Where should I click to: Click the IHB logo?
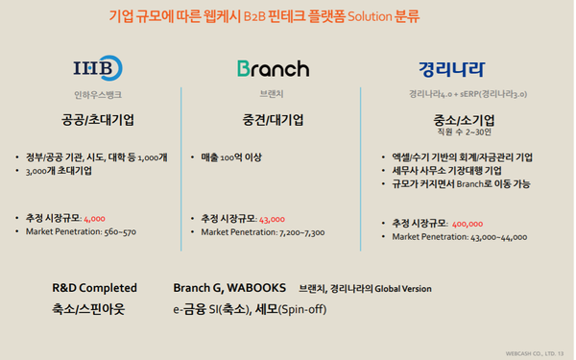[x=98, y=69]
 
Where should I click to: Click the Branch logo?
[x=274, y=69]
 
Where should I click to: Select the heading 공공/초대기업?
[x=98, y=121]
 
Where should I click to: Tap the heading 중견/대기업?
[x=274, y=121]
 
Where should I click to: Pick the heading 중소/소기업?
[x=464, y=121]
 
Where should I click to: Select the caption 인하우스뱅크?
[x=98, y=95]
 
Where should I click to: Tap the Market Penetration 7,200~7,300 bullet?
[x=262, y=232]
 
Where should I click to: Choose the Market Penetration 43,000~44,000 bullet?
[x=460, y=237]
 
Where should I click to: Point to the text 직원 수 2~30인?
[x=464, y=132]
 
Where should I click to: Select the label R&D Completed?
[x=94, y=288]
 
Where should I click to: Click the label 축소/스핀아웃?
[x=88, y=309]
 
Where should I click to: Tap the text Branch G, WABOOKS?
[x=229, y=288]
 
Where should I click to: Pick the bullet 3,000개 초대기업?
[x=60, y=170]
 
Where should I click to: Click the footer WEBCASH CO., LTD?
[x=538, y=352]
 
